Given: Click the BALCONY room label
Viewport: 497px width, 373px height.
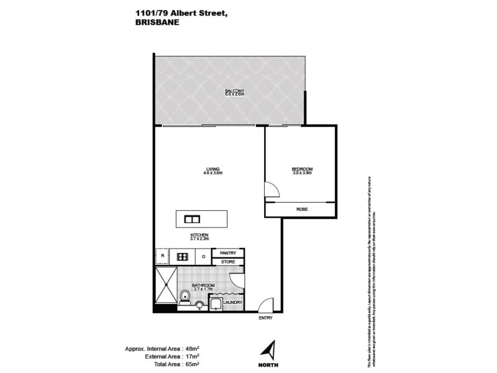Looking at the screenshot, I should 234,91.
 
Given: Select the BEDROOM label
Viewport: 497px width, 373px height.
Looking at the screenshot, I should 302,168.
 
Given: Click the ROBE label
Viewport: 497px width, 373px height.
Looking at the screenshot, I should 302,210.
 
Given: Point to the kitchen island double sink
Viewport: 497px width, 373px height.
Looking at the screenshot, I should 191,219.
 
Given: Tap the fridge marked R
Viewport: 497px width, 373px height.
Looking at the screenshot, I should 162,256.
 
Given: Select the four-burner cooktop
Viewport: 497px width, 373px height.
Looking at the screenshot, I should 183,256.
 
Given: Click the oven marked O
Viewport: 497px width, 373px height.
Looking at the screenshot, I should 204,256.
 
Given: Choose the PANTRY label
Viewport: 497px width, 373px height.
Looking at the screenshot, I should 228,253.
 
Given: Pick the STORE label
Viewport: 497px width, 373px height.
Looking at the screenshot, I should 228,262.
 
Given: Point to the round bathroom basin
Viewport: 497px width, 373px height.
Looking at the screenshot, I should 198,305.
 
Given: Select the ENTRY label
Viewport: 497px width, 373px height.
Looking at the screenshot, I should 266,318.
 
